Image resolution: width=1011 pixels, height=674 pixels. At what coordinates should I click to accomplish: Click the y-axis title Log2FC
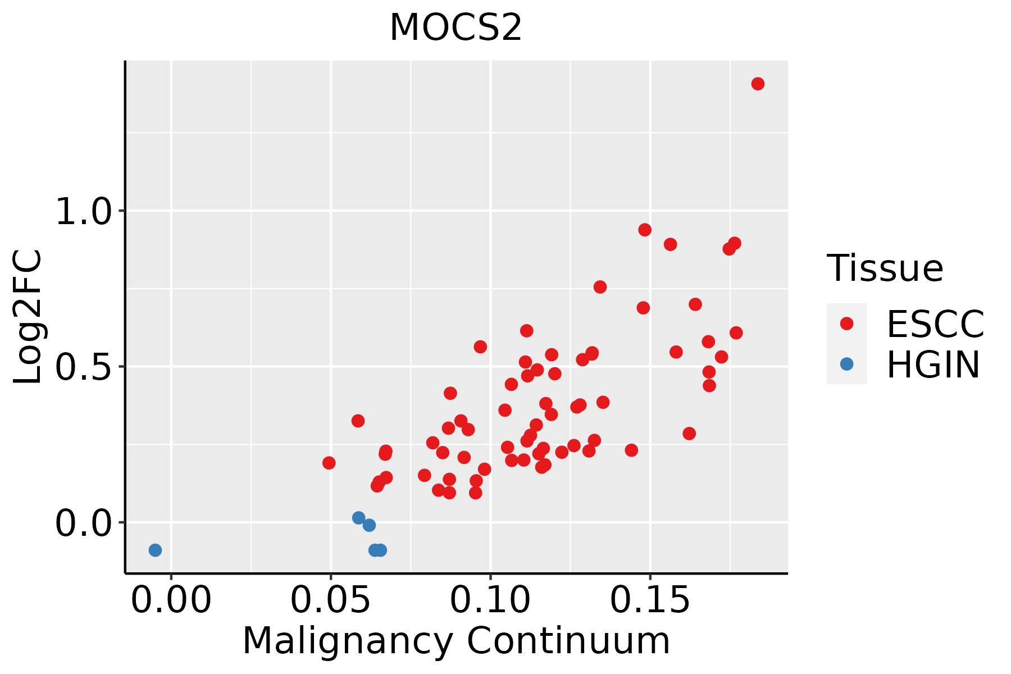(28, 317)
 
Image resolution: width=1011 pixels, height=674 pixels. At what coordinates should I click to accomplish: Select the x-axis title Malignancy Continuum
(456, 641)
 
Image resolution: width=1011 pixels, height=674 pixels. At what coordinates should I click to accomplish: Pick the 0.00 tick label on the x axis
(171, 600)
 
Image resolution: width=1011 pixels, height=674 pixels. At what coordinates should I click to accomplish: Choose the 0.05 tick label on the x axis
(331, 600)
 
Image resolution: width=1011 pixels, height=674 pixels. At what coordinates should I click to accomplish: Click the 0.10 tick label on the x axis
(490, 600)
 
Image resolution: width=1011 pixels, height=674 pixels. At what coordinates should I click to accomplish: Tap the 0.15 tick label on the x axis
(650, 600)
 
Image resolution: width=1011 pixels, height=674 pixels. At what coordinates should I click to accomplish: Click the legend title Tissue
(885, 268)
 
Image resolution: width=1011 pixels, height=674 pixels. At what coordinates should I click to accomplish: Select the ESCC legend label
(935, 324)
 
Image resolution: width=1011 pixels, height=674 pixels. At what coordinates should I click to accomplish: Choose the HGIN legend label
(933, 365)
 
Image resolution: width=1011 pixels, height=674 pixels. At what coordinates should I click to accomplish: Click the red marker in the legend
(846, 324)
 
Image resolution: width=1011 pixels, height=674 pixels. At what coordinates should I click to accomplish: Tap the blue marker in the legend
(846, 364)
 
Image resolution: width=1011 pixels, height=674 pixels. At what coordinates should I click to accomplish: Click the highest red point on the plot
(758, 84)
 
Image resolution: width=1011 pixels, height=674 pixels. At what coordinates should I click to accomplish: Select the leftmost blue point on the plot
(155, 550)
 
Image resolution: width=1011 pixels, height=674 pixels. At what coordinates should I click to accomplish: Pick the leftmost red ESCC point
(329, 463)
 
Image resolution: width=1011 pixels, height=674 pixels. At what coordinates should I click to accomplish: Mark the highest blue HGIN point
(359, 518)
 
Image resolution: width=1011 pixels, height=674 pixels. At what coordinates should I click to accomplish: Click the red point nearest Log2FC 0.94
(645, 230)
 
